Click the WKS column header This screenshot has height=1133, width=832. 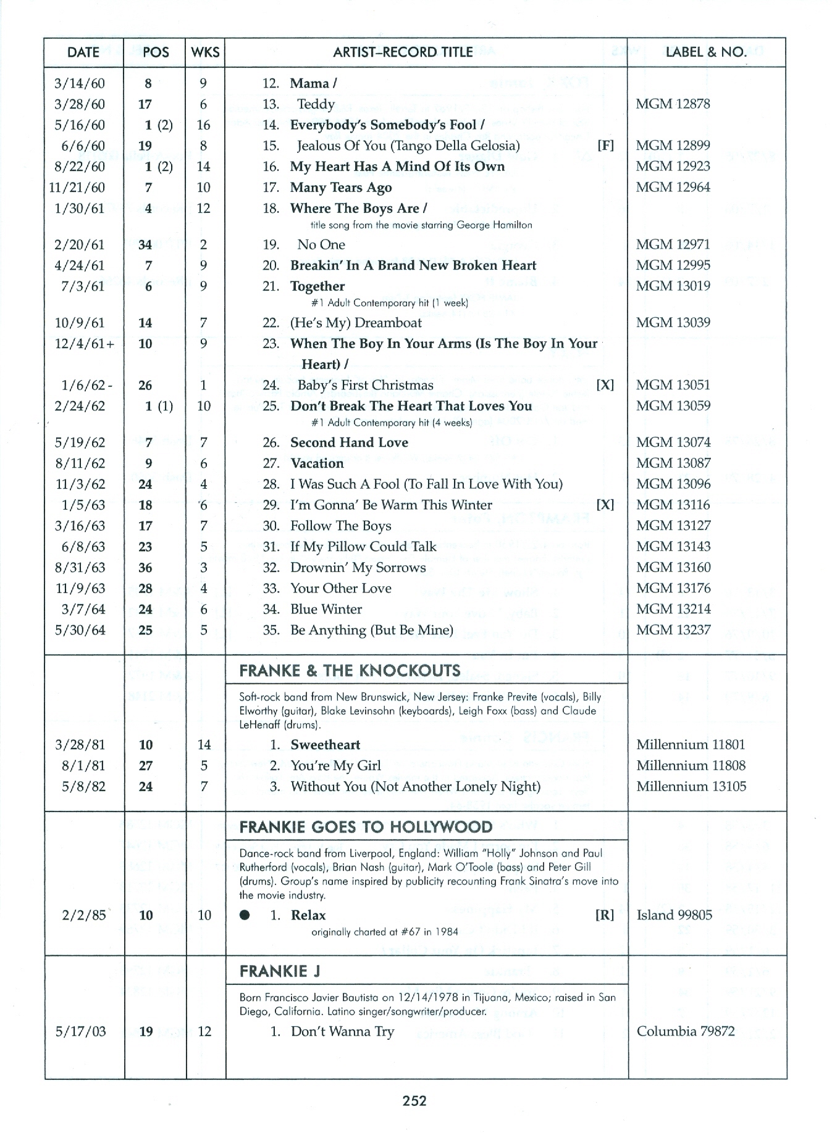tap(205, 52)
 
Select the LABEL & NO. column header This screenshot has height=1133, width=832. tap(705, 52)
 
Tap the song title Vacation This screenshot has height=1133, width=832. tap(317, 463)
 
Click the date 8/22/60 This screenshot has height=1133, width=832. tap(80, 167)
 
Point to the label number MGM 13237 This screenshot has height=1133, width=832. tap(673, 630)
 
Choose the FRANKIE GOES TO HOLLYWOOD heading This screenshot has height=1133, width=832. tap(366, 827)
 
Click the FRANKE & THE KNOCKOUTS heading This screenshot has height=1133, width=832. tap(350, 671)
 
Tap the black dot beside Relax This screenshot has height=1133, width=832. tap(245, 916)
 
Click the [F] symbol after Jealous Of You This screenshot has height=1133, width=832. tap(606, 146)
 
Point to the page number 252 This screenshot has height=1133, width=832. tap(415, 1100)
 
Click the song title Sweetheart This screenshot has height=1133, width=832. tap(326, 745)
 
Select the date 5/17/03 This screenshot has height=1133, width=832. tap(80, 1032)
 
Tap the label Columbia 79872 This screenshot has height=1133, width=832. tap(686, 1032)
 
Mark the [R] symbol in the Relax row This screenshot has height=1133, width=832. tap(604, 916)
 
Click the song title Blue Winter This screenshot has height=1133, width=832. tap(326, 610)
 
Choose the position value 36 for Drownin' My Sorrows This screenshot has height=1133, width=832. tap(145, 568)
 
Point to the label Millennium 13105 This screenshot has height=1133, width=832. tap(691, 787)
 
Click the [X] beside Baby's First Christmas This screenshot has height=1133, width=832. tap(605, 385)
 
